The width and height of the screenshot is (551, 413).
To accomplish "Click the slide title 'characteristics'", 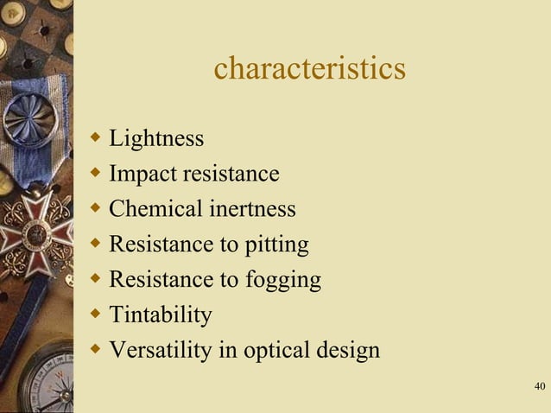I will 309,68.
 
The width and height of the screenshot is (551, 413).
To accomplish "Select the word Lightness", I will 156,138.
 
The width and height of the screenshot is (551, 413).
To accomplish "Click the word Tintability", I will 161,315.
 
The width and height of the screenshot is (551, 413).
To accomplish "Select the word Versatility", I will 161,351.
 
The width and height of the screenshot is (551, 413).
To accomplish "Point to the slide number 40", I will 540,385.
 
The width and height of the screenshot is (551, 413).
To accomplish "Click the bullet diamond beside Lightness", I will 96,137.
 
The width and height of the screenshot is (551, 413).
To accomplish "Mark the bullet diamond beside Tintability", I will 96,314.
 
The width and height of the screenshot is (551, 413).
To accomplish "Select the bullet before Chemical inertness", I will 96,207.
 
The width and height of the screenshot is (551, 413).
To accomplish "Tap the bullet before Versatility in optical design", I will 96,349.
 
